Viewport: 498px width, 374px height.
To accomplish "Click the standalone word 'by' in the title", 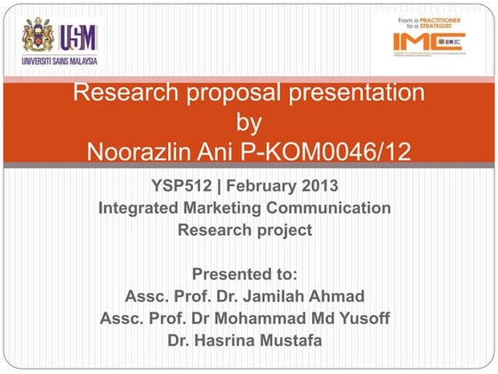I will point(249,122).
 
